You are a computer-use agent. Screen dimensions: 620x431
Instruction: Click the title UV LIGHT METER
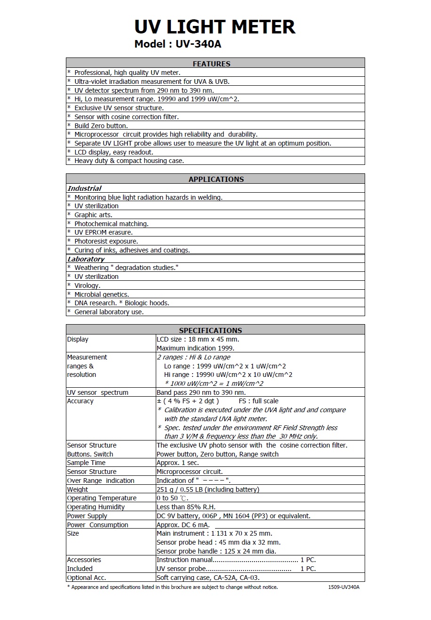pyautogui.click(x=215, y=27)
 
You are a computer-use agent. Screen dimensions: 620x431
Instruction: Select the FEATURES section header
pyautogui.click(x=211, y=64)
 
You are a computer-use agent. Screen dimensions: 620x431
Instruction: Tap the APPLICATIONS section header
pyautogui.click(x=216, y=179)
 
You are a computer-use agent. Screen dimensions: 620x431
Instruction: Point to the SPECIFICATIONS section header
pyautogui.click(x=210, y=330)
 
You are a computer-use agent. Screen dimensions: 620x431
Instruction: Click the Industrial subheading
pyautogui.click(x=84, y=188)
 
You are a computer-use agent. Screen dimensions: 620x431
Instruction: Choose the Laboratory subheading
pyautogui.click(x=86, y=259)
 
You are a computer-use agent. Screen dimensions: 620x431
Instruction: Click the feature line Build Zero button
pyautogui.click(x=101, y=126)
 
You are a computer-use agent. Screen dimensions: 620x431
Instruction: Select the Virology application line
pyautogui.click(x=87, y=286)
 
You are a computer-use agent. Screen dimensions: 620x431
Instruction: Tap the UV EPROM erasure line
pyautogui.click(x=103, y=232)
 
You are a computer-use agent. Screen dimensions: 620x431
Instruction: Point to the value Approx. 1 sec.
pyautogui.click(x=178, y=463)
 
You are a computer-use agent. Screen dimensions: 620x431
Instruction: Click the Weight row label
pyautogui.click(x=78, y=489)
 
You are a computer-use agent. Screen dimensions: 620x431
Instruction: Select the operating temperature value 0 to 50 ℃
pyautogui.click(x=172, y=498)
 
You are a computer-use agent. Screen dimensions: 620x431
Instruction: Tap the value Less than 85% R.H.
pyautogui.click(x=186, y=507)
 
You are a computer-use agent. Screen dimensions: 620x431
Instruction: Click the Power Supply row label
pyautogui.click(x=87, y=516)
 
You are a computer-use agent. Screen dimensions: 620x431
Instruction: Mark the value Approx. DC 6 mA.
pyautogui.click(x=183, y=525)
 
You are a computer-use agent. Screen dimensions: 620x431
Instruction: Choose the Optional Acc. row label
pyautogui.click(x=86, y=578)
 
